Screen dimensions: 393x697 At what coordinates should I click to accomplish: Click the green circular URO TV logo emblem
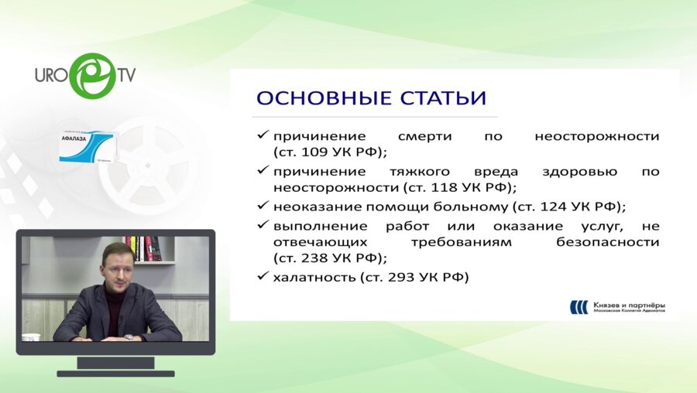[x=92, y=75]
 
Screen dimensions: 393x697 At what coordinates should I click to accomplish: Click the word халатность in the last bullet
[x=313, y=277]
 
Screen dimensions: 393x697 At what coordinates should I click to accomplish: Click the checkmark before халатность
[x=263, y=276]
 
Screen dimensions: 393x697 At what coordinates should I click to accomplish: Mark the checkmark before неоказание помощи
[x=263, y=206]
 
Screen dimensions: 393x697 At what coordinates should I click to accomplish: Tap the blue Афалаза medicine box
[x=88, y=146]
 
